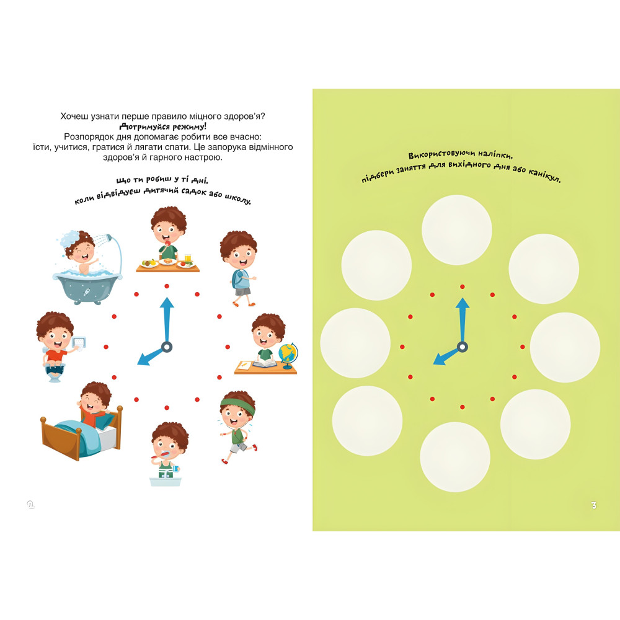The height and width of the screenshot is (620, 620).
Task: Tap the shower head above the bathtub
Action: [107, 238]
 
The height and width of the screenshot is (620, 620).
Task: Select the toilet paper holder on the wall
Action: [79, 343]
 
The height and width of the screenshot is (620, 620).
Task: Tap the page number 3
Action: [593, 505]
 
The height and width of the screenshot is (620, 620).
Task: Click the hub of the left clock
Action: [167, 347]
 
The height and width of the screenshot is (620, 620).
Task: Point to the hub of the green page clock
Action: [463, 347]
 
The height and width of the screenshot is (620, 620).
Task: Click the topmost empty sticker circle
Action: [457, 230]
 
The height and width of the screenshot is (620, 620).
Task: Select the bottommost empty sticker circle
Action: [455, 457]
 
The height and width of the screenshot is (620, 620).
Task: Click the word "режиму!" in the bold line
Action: [189, 127]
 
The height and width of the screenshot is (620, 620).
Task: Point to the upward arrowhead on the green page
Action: [463, 303]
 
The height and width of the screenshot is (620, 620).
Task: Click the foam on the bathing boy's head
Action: [71, 237]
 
